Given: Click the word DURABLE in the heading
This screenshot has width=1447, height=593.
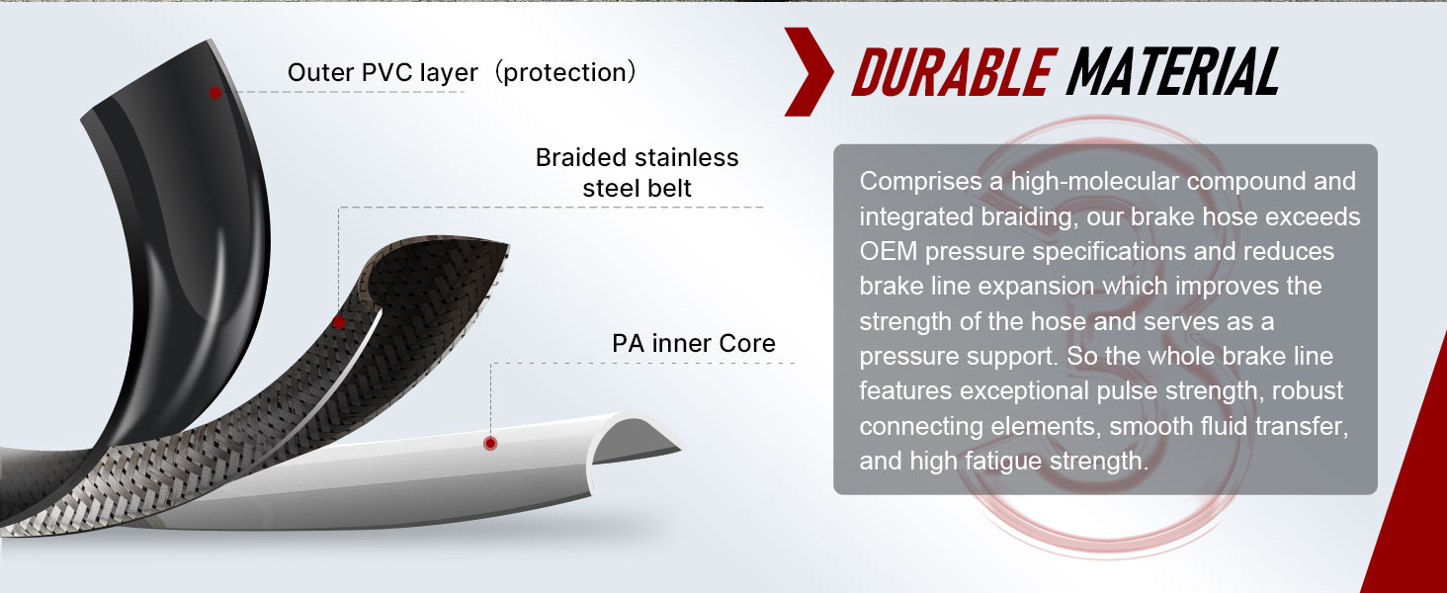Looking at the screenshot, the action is click(954, 72).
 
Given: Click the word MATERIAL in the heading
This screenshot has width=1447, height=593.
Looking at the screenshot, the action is click(1172, 72).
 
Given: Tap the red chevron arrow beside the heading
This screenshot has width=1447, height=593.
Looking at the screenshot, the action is click(809, 72).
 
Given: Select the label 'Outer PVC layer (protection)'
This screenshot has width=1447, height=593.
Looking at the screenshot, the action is click(463, 72).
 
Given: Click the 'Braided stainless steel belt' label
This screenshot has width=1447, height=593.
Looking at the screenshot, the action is click(637, 173).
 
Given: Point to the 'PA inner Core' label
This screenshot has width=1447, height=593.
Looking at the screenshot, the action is click(694, 343).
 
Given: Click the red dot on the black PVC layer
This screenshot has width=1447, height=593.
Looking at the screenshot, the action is click(215, 93).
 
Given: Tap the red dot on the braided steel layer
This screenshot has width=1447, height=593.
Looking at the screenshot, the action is click(338, 321).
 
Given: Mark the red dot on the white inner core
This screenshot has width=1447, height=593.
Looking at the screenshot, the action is click(490, 443).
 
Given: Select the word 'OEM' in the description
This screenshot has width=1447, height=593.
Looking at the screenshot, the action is click(889, 251).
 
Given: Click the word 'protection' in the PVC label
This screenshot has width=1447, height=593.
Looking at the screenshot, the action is click(564, 73).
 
